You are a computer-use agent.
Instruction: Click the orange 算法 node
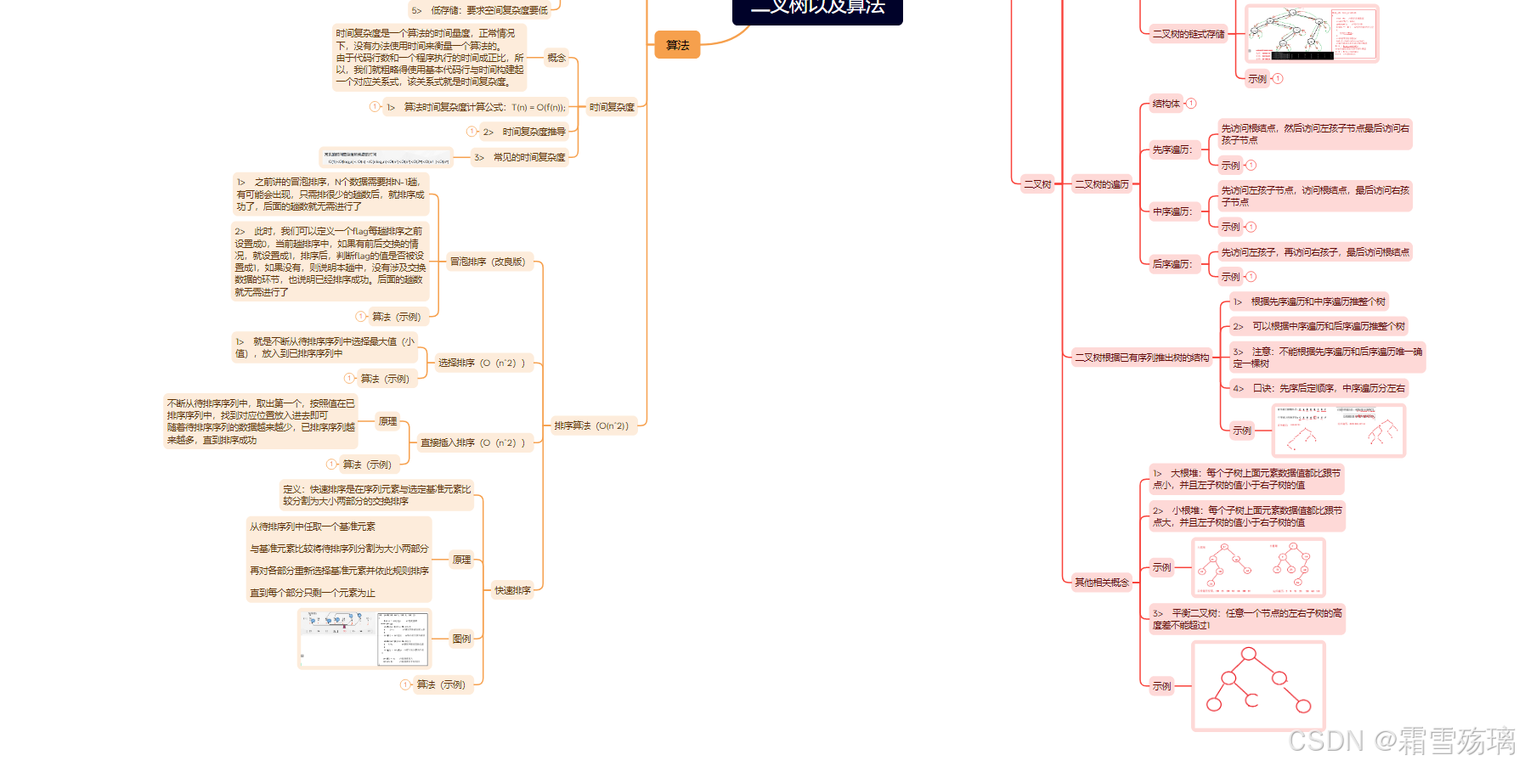point(677,45)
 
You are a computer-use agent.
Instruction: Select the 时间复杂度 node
point(612,107)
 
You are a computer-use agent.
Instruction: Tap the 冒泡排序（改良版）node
point(488,262)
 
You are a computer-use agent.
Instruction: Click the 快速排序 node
point(512,590)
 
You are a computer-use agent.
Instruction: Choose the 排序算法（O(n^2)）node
point(591,425)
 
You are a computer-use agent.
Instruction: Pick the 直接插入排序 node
point(473,442)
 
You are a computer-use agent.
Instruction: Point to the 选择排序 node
point(482,363)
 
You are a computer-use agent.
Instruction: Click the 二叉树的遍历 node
point(1102,184)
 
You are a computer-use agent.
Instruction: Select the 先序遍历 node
point(1172,149)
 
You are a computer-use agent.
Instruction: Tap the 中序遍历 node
point(1172,211)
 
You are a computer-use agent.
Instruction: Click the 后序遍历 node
point(1172,264)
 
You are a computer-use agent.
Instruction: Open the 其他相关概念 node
point(1102,583)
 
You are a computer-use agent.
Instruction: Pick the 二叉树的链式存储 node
point(1188,34)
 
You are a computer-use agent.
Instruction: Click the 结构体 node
point(1166,104)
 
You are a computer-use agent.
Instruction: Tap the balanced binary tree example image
point(1258,685)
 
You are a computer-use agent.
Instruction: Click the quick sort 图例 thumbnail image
point(364,639)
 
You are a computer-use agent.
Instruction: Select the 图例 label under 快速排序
point(461,639)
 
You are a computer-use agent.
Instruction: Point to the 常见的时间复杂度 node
point(528,157)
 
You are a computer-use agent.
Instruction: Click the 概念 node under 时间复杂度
point(556,58)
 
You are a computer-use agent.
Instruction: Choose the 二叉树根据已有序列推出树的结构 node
point(1142,358)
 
